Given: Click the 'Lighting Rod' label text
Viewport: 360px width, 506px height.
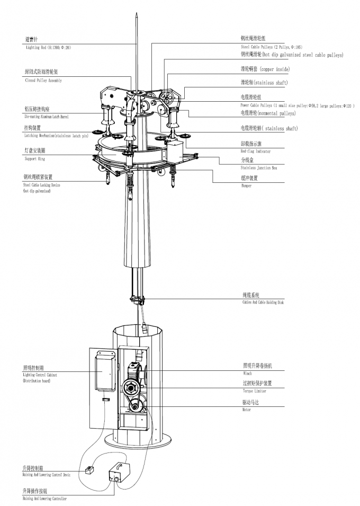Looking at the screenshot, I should click(x=48, y=47).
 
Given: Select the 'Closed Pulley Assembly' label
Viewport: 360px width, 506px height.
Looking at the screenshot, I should click(x=43, y=81).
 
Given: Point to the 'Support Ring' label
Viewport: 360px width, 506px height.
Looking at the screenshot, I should click(x=35, y=159).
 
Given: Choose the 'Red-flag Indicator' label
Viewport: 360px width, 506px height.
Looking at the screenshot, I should click(x=255, y=152).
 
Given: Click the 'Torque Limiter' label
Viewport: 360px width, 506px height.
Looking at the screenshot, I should click(x=254, y=391).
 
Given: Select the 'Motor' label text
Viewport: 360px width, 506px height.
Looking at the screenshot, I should click(x=246, y=410).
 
